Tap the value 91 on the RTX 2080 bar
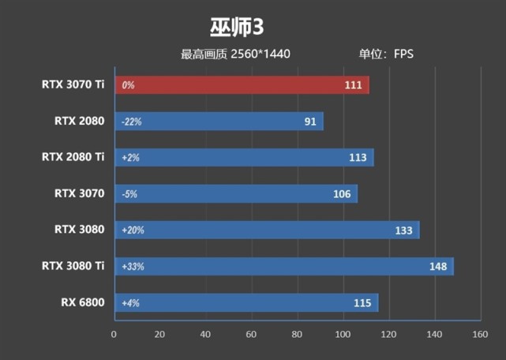tap(309, 122)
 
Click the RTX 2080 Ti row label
tap(73, 157)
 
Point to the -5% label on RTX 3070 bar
tap(129, 194)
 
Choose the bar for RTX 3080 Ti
tap(284, 266)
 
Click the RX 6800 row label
tap(82, 302)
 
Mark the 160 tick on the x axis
tap(479, 334)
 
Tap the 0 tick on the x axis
tap(114, 334)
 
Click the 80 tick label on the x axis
tap(297, 334)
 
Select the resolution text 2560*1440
tap(260, 54)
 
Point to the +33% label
tap(133, 267)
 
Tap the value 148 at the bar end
tap(438, 266)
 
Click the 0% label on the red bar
tap(128, 85)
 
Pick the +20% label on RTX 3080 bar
tap(133, 231)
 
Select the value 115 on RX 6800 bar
tap(363, 302)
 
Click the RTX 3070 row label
tap(79, 193)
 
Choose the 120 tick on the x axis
tap(388, 334)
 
